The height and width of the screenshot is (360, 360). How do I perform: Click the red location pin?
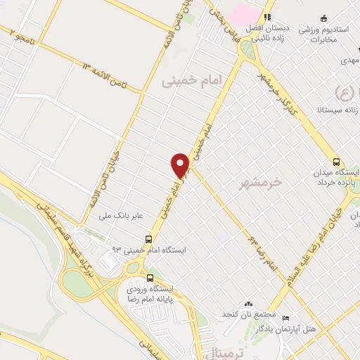(181, 165)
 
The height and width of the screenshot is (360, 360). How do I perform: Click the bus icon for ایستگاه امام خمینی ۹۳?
(148, 238)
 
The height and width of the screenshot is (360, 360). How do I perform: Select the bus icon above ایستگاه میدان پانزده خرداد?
(335, 160)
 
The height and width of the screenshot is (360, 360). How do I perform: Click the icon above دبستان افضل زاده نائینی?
(266, 18)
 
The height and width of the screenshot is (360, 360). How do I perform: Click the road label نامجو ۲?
(17, 35)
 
